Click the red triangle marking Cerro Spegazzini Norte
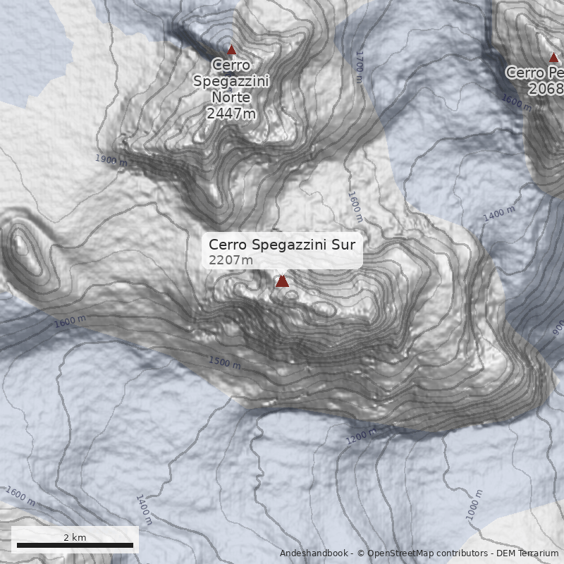(x=231, y=50)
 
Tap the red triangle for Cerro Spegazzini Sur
(x=282, y=281)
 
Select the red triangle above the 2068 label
(x=553, y=58)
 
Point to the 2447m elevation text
(x=231, y=113)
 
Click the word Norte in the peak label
(x=231, y=97)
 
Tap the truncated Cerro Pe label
(x=535, y=73)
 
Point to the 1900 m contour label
(x=111, y=160)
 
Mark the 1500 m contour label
(x=224, y=362)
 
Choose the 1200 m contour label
(x=362, y=437)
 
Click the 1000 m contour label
(x=474, y=505)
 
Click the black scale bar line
(x=75, y=545)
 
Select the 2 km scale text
(x=75, y=537)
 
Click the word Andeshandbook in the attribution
(x=313, y=553)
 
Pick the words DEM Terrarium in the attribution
(x=527, y=553)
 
